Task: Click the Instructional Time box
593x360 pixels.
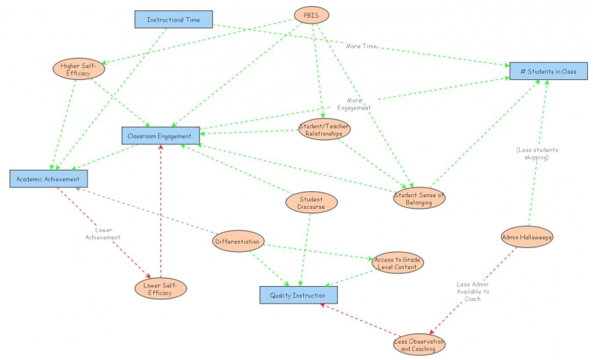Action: [x=173, y=19]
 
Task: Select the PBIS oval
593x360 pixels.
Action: [x=311, y=15]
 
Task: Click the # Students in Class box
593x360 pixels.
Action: [x=549, y=70]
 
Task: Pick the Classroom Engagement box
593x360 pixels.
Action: [x=161, y=136]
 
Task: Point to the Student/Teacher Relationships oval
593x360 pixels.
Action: [x=324, y=130]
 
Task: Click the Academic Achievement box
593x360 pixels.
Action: [x=49, y=178]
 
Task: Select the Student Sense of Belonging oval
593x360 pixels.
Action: [x=419, y=198]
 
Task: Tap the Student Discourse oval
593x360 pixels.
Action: [x=311, y=202]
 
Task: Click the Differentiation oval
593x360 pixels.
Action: [x=237, y=241]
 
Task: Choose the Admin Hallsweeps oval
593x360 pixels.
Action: [x=527, y=237]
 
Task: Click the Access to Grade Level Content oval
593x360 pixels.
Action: [x=398, y=262]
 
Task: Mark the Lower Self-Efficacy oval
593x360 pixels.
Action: [x=160, y=288]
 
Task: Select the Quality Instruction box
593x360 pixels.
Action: [x=298, y=295]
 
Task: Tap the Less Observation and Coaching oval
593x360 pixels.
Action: [x=420, y=345]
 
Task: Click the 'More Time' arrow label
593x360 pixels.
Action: [x=362, y=46]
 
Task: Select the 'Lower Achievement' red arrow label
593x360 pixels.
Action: [x=103, y=233]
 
